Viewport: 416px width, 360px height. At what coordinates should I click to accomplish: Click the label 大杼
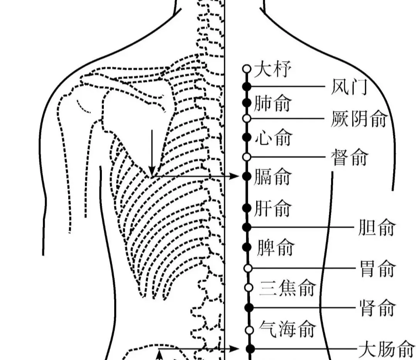coord(272,71)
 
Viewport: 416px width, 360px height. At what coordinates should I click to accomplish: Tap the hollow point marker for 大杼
coord(247,69)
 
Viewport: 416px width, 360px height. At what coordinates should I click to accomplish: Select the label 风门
coord(348,87)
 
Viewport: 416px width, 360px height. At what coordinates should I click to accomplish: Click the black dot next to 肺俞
coord(247,103)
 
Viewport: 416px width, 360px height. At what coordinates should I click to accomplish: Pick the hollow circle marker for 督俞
coord(247,157)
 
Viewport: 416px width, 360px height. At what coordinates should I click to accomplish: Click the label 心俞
coord(273,138)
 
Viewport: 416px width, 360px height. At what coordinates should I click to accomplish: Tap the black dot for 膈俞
coord(247,176)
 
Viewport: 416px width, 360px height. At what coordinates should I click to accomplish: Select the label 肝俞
coord(272,209)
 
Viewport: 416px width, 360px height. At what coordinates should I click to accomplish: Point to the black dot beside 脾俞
coord(247,247)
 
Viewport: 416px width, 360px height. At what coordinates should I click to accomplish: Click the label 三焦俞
coord(288,288)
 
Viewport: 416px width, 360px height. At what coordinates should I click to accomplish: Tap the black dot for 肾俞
coord(249,307)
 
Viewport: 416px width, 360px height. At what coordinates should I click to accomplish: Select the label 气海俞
coord(287,330)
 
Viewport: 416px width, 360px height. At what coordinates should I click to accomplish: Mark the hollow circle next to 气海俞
coord(249,330)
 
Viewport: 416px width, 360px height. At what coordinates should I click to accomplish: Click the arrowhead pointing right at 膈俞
coord(235,176)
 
